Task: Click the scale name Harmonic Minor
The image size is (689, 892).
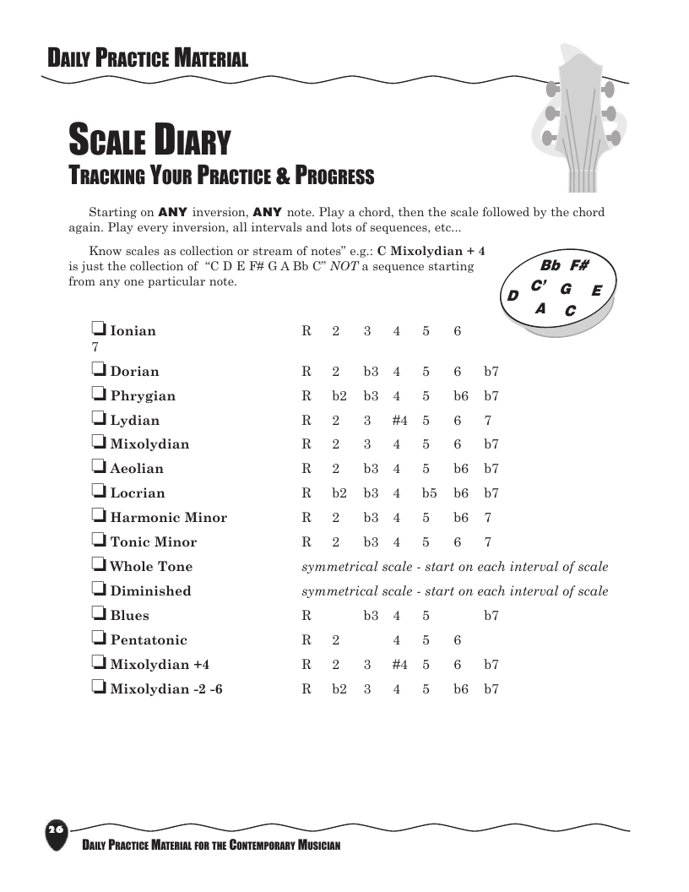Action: click(168, 517)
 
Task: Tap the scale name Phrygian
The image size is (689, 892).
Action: click(143, 395)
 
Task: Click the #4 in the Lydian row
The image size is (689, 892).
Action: click(399, 420)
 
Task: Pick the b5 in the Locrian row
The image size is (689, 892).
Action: click(429, 493)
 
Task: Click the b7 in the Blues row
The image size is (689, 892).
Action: click(491, 616)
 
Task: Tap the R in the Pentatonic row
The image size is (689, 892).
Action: click(307, 640)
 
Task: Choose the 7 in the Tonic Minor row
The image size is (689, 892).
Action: click(488, 542)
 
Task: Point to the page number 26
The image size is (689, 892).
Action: click(56, 829)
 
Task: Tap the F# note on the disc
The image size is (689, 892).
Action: click(579, 265)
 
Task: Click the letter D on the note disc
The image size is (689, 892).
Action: click(513, 296)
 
